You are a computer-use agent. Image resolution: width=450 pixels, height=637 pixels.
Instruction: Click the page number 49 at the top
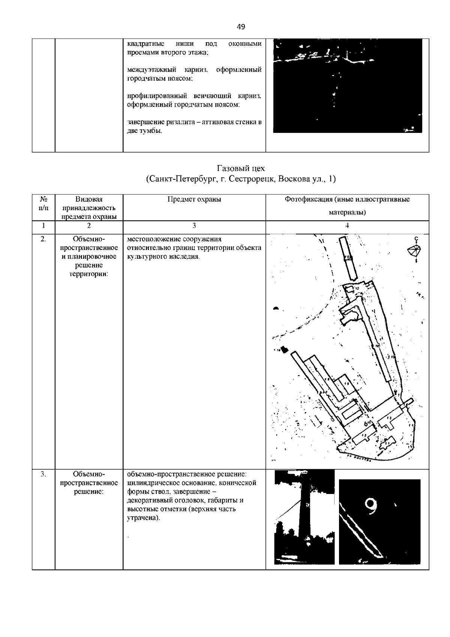(241, 27)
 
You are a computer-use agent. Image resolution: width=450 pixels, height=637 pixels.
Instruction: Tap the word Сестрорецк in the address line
(251, 179)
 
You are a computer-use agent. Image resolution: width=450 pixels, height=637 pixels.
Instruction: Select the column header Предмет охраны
(194, 199)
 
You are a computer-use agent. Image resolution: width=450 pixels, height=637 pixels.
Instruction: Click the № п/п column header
(43, 203)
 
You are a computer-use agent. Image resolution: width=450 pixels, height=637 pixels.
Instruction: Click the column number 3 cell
(194, 226)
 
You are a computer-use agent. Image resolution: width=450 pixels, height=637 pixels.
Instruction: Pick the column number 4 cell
(347, 226)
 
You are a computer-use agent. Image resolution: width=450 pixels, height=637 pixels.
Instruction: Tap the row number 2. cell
(43, 239)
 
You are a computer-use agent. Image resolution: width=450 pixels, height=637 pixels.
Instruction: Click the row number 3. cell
(43, 474)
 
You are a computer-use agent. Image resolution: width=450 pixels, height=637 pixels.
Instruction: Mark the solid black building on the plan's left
(285, 350)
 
